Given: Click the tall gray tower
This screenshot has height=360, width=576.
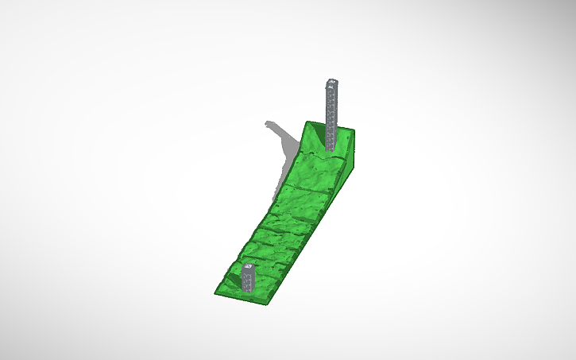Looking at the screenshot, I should click(331, 111).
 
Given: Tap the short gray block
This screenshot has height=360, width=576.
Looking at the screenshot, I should click(248, 279).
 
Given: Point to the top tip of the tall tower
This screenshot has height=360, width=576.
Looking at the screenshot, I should click(332, 80).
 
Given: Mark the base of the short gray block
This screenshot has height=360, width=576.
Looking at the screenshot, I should click(248, 291).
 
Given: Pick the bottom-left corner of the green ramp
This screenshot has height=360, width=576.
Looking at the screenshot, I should click(215, 294).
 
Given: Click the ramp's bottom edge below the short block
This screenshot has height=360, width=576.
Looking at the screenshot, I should click(248, 300).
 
